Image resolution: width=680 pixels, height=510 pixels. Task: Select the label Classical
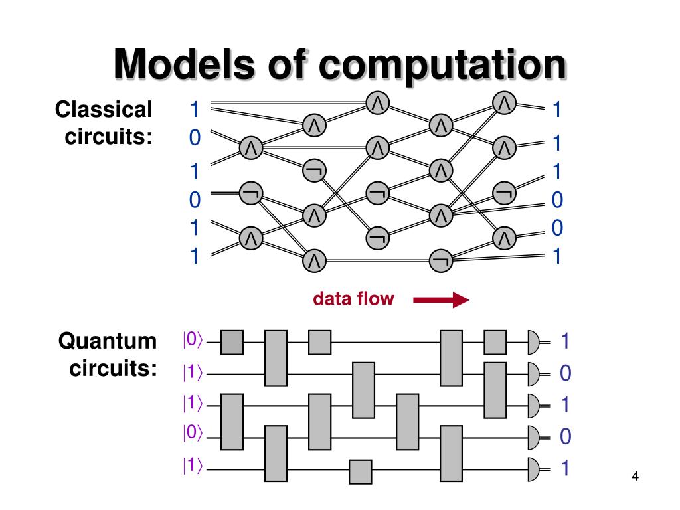[x=104, y=110]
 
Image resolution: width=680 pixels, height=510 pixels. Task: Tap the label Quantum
[x=108, y=341]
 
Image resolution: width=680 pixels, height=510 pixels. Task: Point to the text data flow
[x=353, y=299]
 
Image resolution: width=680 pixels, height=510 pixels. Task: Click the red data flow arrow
[x=441, y=301]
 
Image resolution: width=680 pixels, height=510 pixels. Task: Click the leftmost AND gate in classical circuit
[x=251, y=148]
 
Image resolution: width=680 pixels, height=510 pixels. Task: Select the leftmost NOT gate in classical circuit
[x=251, y=193]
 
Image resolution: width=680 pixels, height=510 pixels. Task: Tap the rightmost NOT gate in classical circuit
[x=504, y=193]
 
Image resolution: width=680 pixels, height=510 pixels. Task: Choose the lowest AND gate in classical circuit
[x=314, y=260]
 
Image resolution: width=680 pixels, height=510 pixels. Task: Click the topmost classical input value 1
[x=195, y=108]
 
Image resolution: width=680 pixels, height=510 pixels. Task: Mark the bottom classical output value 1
[x=556, y=256]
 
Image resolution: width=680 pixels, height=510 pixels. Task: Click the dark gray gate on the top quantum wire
[x=232, y=342]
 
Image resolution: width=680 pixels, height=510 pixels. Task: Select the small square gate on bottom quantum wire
[x=361, y=471]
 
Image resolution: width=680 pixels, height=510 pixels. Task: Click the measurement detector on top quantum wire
[x=535, y=342]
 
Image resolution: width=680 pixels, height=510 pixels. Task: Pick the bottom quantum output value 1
[x=565, y=469]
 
